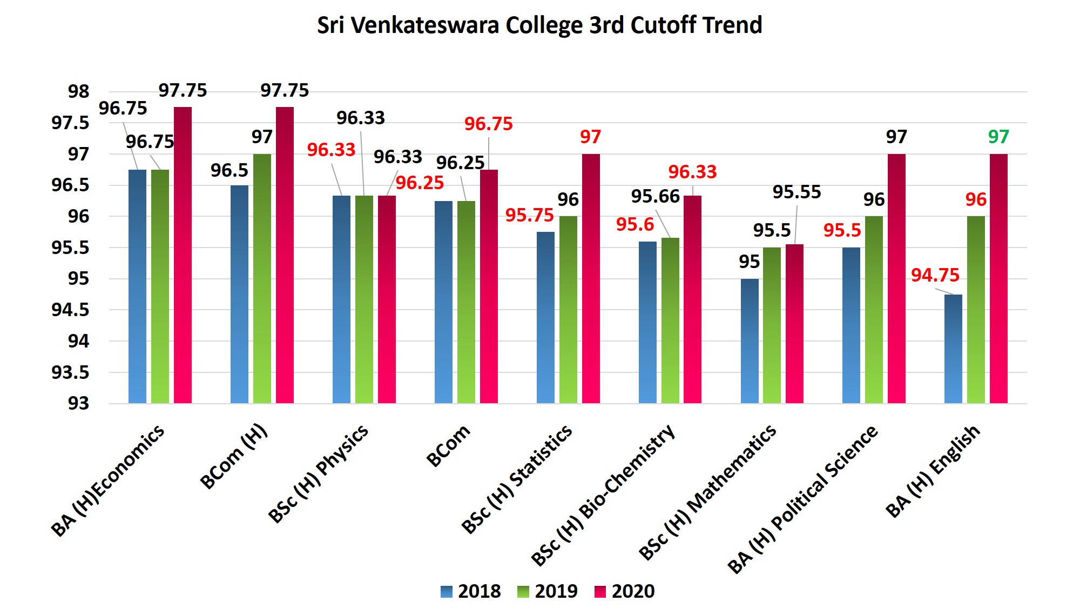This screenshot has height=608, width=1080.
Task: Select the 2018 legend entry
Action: click(x=470, y=591)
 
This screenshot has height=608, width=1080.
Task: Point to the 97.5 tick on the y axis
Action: click(x=71, y=123)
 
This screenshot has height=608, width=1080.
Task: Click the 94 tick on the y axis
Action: click(x=78, y=341)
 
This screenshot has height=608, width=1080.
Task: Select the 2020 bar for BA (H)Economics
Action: click(x=183, y=254)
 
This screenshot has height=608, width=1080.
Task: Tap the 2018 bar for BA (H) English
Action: click(x=953, y=349)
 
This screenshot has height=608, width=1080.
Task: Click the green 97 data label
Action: click(x=998, y=137)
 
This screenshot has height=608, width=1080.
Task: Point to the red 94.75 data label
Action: click(x=935, y=275)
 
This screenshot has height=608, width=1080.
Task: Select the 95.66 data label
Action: click(x=655, y=196)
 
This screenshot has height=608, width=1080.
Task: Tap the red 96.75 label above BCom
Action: click(x=488, y=124)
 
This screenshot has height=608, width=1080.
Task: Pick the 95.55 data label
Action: click(x=796, y=192)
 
